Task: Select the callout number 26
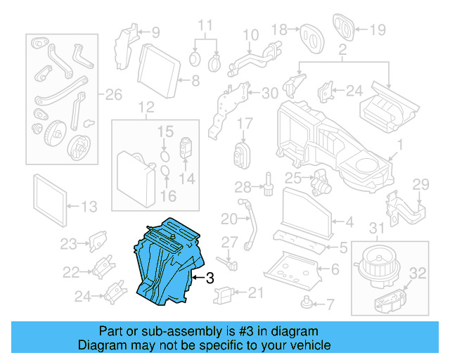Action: [113, 95]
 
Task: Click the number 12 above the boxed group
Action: [146, 108]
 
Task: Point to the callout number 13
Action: [89, 207]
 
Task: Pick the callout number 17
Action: [244, 123]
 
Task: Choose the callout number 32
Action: [418, 274]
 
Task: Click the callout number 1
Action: [399, 146]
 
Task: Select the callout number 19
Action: [378, 30]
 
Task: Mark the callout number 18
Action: [279, 29]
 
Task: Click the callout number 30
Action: [270, 94]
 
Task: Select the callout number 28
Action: [242, 186]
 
